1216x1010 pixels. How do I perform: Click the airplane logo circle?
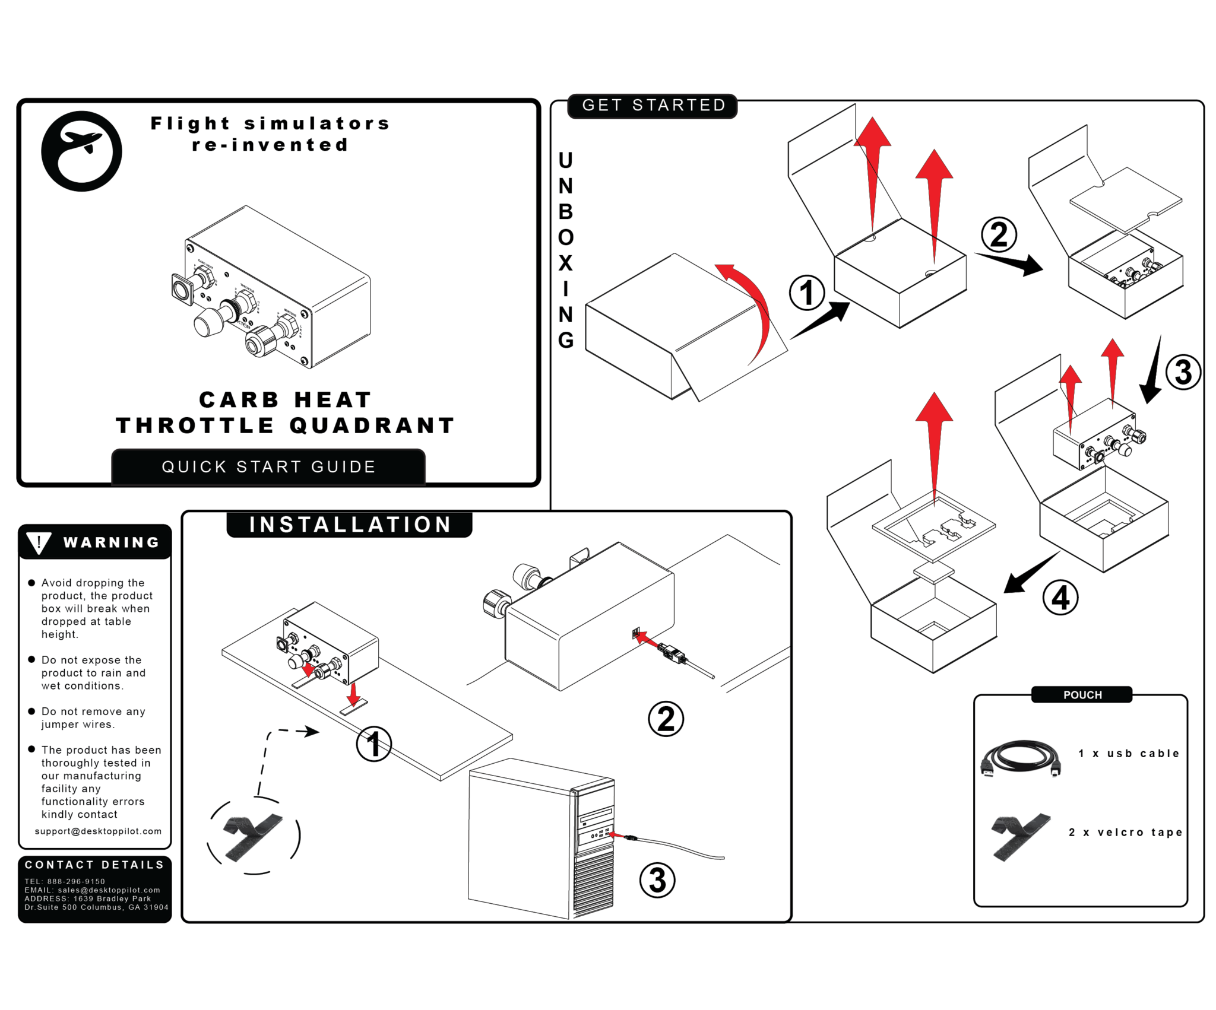(81, 151)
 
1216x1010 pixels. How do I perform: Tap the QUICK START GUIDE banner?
(268, 467)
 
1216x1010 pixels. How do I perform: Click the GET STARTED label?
(653, 106)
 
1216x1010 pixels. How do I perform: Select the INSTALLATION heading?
(350, 525)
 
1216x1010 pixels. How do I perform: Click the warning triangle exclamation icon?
(39, 542)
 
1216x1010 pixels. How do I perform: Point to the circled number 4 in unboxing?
(1060, 598)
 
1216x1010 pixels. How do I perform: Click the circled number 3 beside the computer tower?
(657, 880)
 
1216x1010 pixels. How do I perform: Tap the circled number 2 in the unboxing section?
(999, 234)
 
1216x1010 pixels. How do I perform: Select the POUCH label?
(1082, 695)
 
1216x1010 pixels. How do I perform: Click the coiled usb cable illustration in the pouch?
(1020, 758)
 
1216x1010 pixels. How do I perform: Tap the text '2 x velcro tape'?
(1125, 832)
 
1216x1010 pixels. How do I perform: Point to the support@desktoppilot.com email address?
(98, 831)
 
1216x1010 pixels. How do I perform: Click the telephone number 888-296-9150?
(76, 881)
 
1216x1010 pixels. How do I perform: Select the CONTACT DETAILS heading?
(94, 865)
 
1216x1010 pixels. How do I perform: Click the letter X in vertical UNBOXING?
(565, 263)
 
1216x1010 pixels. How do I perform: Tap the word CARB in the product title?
(239, 399)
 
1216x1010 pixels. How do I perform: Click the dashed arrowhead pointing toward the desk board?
(311, 732)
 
